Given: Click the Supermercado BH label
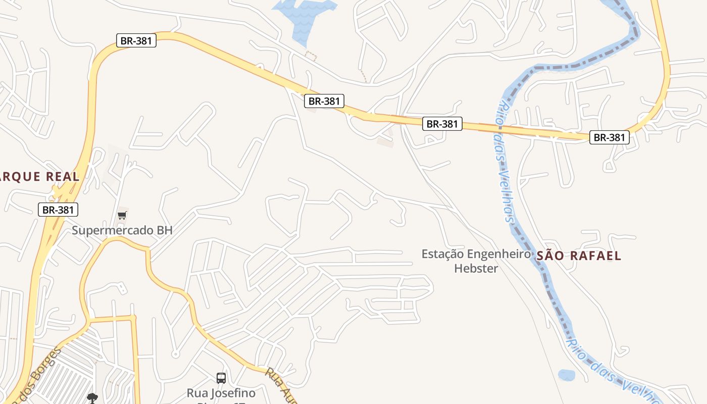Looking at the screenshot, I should [122, 230].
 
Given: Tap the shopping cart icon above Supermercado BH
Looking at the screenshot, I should [122, 216].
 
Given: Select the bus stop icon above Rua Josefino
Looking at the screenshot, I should [221, 378].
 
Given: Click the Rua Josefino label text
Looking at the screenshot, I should [221, 393].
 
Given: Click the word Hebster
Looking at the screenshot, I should [476, 269].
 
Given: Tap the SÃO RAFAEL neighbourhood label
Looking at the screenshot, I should [578, 256].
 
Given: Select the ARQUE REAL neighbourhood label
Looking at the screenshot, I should [40, 177].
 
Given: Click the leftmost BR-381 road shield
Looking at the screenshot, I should [59, 210].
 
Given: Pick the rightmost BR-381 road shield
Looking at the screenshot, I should [609, 137].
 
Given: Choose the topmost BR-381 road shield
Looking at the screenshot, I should [136, 41].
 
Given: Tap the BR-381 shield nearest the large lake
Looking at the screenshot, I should [324, 101].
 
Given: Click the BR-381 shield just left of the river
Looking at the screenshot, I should [442, 124].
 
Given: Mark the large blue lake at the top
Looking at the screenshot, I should [303, 15].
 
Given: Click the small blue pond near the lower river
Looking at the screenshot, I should [567, 375].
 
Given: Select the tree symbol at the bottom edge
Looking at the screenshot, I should [92, 398].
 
